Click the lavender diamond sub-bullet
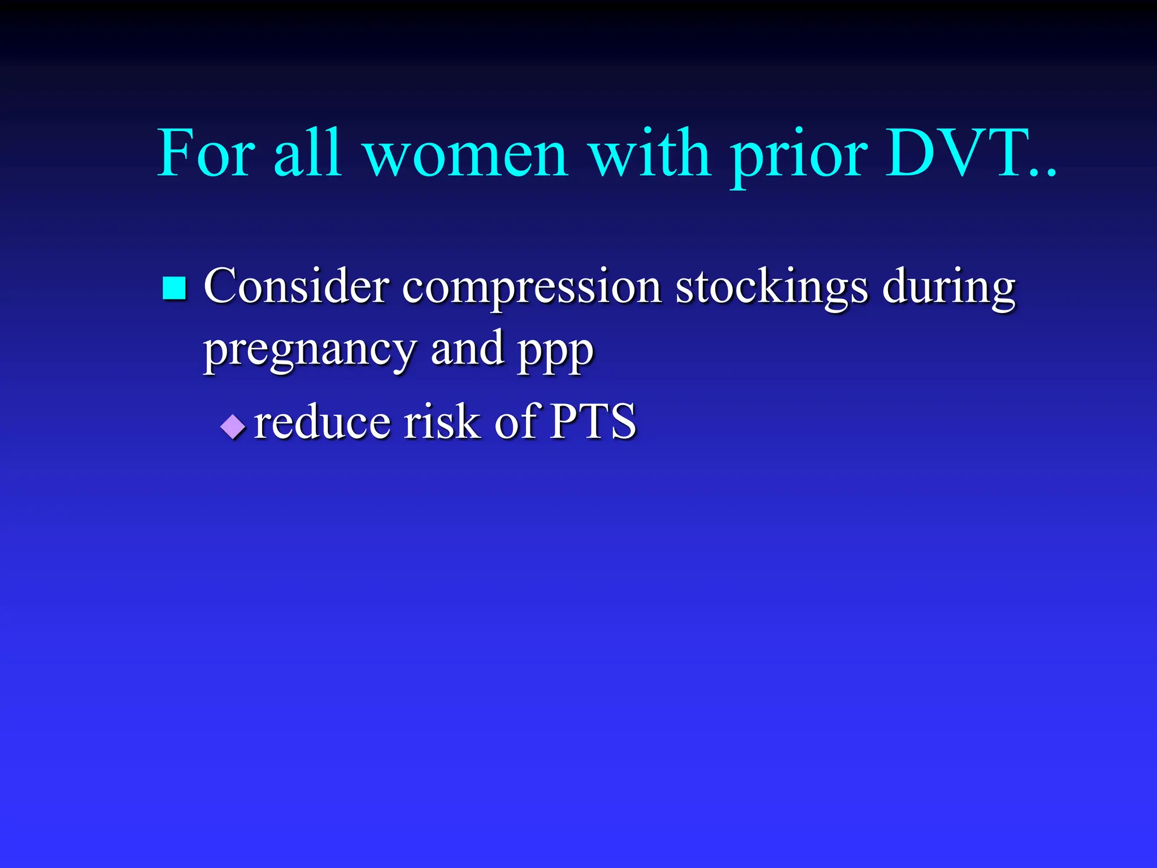tap(233, 427)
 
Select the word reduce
tap(322, 422)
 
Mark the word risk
tap(441, 422)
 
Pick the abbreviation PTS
tap(593, 422)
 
